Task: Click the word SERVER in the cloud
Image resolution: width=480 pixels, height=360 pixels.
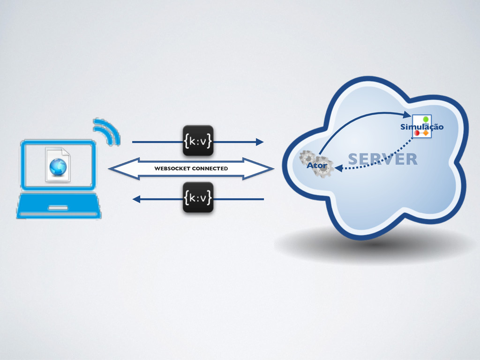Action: pyautogui.click(x=382, y=159)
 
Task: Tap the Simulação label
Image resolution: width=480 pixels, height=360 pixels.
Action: pyautogui.click(x=421, y=127)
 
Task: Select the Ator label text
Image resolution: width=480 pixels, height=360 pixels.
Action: pyautogui.click(x=316, y=165)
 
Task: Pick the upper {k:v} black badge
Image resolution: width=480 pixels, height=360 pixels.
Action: pyautogui.click(x=198, y=141)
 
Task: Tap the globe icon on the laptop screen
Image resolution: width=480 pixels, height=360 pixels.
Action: pyautogui.click(x=58, y=166)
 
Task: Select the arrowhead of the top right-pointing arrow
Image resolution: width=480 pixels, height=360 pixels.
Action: pyautogui.click(x=259, y=141)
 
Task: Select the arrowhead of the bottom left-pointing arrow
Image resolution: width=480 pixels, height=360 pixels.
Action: pyautogui.click(x=136, y=199)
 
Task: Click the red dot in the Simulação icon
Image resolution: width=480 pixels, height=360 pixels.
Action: pyautogui.click(x=417, y=133)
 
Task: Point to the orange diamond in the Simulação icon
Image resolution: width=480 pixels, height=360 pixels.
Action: pyautogui.click(x=426, y=133)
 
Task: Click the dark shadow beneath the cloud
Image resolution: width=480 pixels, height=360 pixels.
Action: pyautogui.click(x=375, y=246)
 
